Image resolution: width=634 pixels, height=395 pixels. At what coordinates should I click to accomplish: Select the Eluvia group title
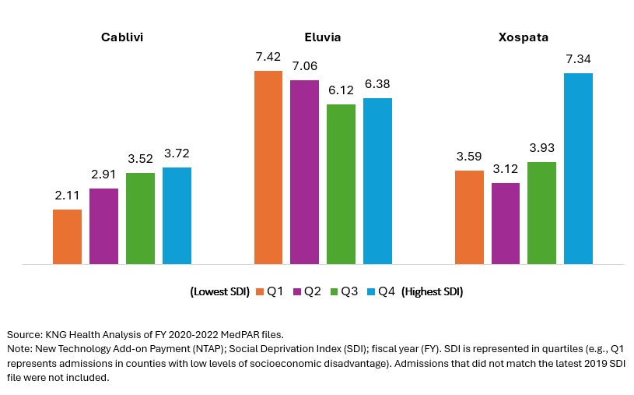click(323, 37)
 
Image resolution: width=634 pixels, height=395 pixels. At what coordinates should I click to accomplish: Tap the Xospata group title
click(526, 37)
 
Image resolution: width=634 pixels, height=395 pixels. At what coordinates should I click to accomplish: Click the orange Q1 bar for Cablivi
click(67, 237)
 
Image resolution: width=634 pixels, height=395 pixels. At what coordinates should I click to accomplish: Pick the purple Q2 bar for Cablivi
click(103, 226)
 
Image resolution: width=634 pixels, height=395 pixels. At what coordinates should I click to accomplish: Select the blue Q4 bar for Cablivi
click(177, 216)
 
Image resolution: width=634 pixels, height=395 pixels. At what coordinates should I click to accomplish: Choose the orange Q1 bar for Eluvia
click(268, 168)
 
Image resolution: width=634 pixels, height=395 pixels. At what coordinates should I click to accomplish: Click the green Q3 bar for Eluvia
click(341, 184)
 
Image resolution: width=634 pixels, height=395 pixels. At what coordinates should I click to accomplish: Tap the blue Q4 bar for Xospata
click(578, 168)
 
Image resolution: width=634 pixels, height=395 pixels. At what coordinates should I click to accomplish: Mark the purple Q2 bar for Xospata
click(506, 224)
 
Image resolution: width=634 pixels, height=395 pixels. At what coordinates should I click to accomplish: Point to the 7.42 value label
click(268, 58)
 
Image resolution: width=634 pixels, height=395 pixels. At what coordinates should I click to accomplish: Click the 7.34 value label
click(578, 60)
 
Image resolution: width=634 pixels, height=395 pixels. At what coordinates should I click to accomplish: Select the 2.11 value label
click(67, 197)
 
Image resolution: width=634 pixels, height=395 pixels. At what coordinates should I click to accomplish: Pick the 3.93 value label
click(541, 150)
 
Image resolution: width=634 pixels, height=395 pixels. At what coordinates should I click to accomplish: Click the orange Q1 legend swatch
click(260, 292)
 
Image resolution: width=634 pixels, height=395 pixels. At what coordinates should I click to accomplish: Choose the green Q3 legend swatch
click(336, 292)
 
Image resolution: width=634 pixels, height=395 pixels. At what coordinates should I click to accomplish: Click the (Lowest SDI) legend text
click(219, 292)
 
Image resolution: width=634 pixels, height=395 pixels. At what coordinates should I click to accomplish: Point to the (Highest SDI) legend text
click(433, 292)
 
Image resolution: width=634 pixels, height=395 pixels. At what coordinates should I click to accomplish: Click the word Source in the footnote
click(23, 333)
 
